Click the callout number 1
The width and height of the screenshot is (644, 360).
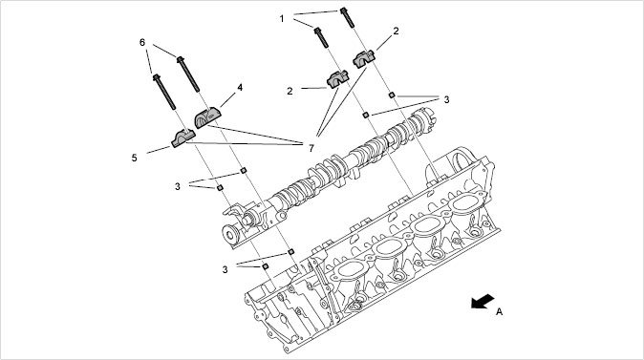pos(282,18)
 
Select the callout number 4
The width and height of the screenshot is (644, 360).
pos(240,88)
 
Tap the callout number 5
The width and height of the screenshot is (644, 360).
pos(135,158)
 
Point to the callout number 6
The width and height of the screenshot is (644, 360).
pos(142,42)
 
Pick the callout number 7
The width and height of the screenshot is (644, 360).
pos(311,148)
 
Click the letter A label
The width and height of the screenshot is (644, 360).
pos(499,311)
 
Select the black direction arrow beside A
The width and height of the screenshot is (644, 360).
pos(483,302)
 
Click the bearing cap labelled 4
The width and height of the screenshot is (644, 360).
pos(207,117)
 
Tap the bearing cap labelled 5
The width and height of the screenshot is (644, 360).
pos(183,138)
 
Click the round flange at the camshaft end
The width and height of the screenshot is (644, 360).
pos(230,234)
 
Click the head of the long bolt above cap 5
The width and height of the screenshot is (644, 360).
pos(157,76)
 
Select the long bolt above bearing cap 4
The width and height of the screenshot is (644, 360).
pos(188,74)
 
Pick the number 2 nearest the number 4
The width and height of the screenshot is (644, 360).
pos(290,91)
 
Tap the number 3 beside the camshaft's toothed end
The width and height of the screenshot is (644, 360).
pos(446,99)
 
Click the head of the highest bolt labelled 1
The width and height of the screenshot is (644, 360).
pos(343,11)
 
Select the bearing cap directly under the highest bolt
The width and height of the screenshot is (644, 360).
pos(364,58)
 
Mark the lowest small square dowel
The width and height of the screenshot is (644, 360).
pos(266,266)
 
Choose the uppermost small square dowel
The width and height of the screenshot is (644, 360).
pos(392,95)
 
